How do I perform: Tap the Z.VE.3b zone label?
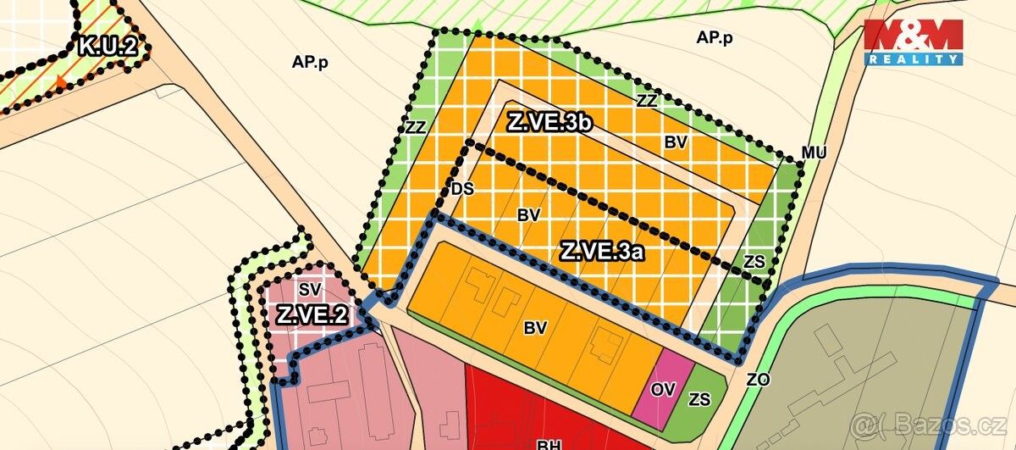[549, 122]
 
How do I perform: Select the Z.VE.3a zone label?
[603, 252]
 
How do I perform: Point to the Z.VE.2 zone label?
[312, 315]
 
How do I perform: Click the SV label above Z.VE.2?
[310, 289]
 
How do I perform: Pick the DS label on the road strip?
[462, 189]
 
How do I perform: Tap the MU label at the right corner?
[814, 153]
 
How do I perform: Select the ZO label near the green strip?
[758, 381]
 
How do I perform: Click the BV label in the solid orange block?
[535, 326]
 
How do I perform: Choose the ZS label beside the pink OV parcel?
[700, 399]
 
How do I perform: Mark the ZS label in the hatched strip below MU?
[754, 262]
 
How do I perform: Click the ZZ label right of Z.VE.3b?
[647, 100]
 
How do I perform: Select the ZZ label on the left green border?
[415, 128]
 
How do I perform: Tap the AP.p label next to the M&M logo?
[714, 38]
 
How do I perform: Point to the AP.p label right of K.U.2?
[309, 62]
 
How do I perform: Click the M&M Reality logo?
[913, 42]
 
